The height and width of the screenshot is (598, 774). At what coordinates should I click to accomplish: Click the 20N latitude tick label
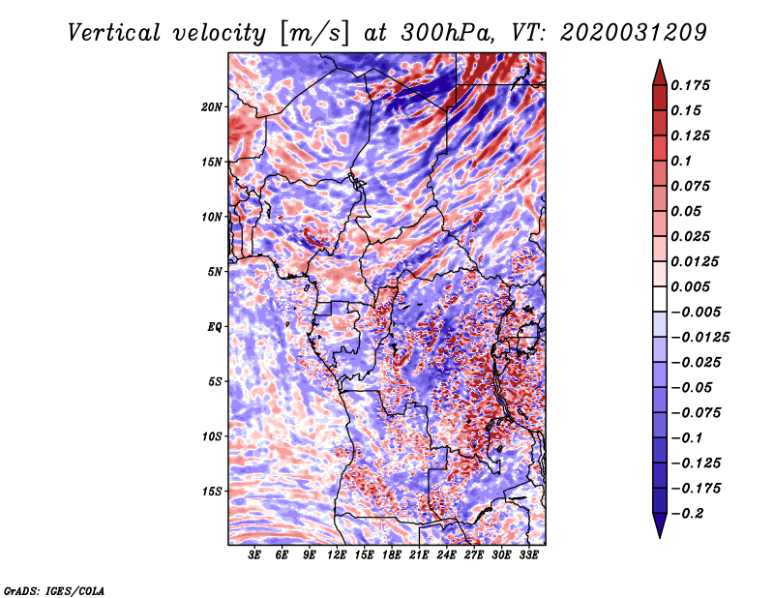[212, 106]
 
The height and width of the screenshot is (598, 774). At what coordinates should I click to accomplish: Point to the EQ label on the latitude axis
[215, 327]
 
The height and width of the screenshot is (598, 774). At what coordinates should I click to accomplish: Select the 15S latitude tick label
[212, 492]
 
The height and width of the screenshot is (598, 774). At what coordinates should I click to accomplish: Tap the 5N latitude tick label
[215, 272]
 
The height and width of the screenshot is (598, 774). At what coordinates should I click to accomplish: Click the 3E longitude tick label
[254, 556]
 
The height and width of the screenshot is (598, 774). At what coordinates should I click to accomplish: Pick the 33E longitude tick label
[528, 556]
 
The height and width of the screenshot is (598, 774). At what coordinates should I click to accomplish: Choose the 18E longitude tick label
[392, 556]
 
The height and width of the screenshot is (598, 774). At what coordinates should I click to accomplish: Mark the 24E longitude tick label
[446, 556]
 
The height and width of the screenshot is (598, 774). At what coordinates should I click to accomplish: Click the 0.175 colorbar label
[693, 85]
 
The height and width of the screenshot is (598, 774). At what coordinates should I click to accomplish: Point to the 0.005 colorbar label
[693, 286]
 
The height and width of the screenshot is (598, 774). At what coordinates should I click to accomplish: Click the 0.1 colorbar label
[681, 161]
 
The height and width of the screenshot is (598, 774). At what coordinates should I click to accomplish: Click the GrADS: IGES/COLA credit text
[53, 589]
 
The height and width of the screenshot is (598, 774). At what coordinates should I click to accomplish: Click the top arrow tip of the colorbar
[658, 63]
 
